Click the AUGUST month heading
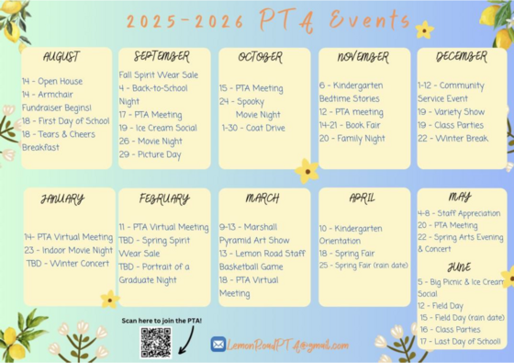[61, 57]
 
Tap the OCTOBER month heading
[261, 57]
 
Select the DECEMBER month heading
[462, 57]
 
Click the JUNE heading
[459, 267]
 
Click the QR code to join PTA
[156, 343]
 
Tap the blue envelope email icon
[218, 345]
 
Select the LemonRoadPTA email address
[289, 345]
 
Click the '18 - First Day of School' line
[65, 120]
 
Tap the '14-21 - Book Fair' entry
[350, 125]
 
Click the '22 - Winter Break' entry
[453, 139]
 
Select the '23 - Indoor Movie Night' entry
[69, 250]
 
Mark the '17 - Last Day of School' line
[460, 342]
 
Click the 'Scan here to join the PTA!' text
[162, 321]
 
